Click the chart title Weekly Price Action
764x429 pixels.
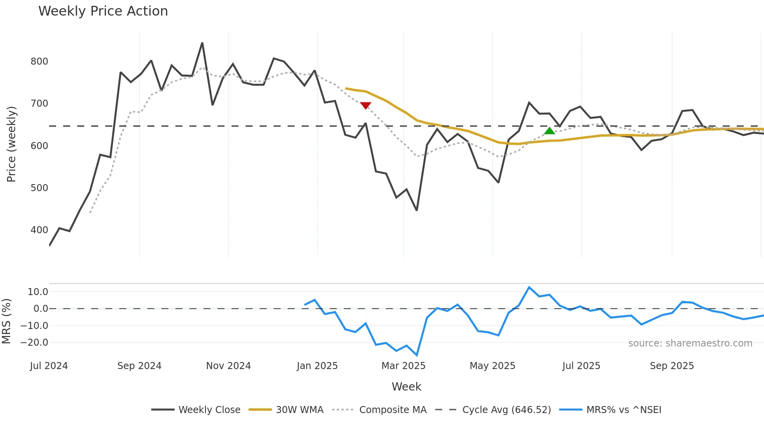click(103, 11)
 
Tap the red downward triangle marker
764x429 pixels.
click(366, 105)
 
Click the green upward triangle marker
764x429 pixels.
click(549, 131)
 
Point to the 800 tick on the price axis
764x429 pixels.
click(39, 62)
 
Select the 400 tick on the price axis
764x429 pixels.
click(39, 230)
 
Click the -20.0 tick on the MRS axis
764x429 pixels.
click(34, 343)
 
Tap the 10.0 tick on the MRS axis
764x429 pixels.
click(38, 292)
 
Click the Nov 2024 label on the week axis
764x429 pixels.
click(228, 366)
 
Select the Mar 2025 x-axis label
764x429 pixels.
click(403, 366)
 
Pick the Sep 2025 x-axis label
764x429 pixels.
click(672, 366)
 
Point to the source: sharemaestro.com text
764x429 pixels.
click(690, 343)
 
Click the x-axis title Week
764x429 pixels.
click(406, 387)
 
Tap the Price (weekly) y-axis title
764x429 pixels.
click(11, 144)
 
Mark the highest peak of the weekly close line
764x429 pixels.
click(202, 43)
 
